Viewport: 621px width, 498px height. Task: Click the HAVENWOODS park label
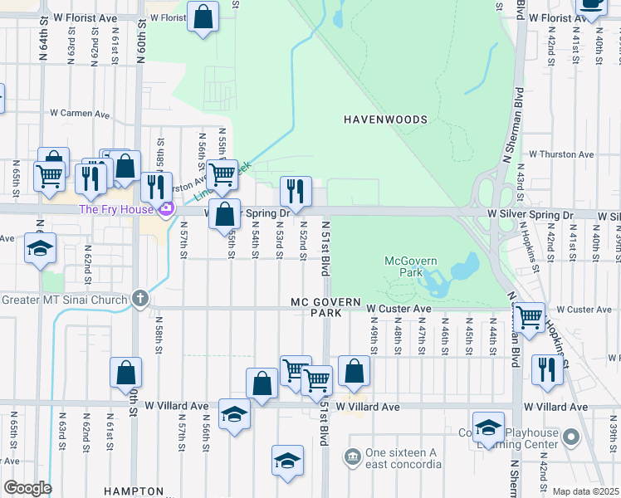point(385,120)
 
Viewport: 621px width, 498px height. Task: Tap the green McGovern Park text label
point(410,266)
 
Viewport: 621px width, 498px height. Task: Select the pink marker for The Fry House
point(165,208)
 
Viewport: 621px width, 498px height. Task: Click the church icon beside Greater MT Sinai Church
point(140,299)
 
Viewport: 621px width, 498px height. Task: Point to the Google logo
point(27,488)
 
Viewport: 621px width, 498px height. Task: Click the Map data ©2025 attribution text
point(585,491)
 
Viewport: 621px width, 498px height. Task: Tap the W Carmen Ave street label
point(80,113)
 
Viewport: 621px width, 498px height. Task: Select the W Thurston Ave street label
point(561,154)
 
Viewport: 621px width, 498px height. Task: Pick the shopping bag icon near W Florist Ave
point(203,17)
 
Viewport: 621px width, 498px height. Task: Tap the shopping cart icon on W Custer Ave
point(528,315)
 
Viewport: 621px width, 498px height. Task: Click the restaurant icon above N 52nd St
point(296,190)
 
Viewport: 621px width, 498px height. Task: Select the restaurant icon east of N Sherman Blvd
point(546,369)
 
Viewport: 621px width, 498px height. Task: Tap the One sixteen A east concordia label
point(402,458)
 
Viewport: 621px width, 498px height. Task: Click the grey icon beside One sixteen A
point(352,456)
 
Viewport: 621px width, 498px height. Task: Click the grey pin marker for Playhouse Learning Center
point(570,437)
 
